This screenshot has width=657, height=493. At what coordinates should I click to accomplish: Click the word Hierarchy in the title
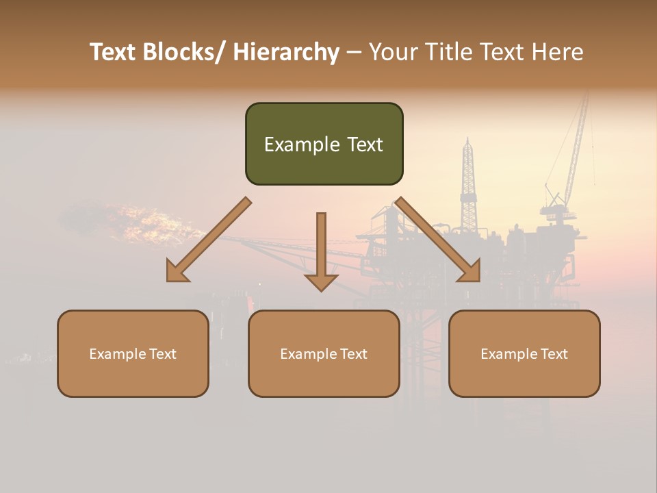(x=286, y=53)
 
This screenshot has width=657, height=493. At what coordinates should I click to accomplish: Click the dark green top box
(x=324, y=144)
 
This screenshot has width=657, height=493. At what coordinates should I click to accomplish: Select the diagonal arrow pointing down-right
(x=438, y=240)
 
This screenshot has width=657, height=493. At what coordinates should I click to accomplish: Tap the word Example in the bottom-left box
(x=117, y=354)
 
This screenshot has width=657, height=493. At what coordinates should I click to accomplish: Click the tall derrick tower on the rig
(x=468, y=185)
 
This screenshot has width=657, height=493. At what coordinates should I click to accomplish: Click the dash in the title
(x=354, y=53)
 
